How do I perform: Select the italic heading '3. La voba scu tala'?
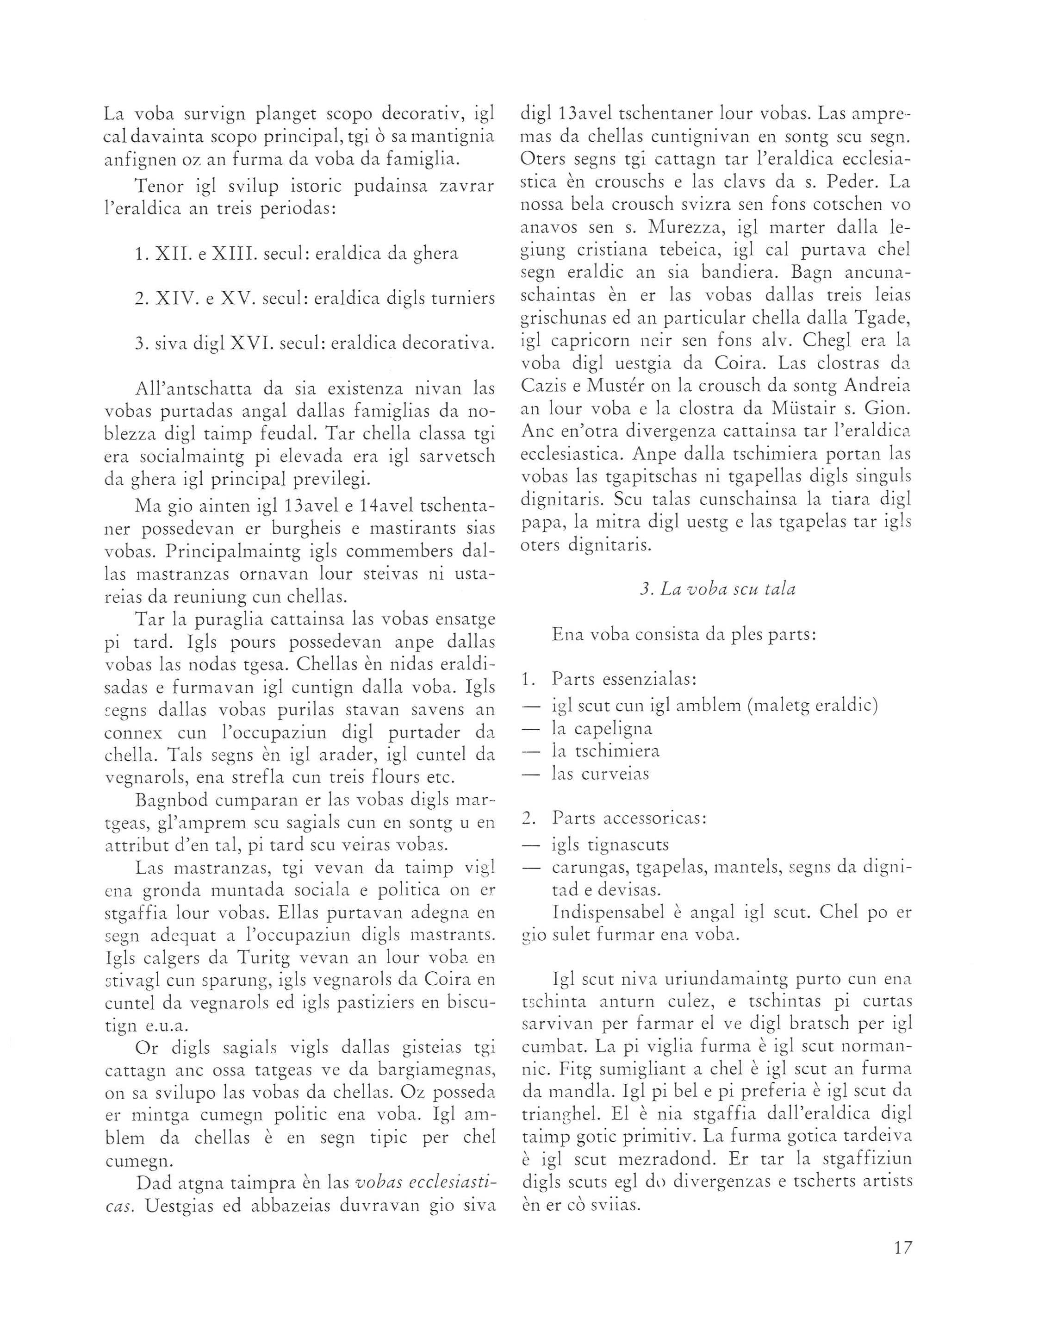(717, 590)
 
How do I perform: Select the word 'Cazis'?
(542, 387)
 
